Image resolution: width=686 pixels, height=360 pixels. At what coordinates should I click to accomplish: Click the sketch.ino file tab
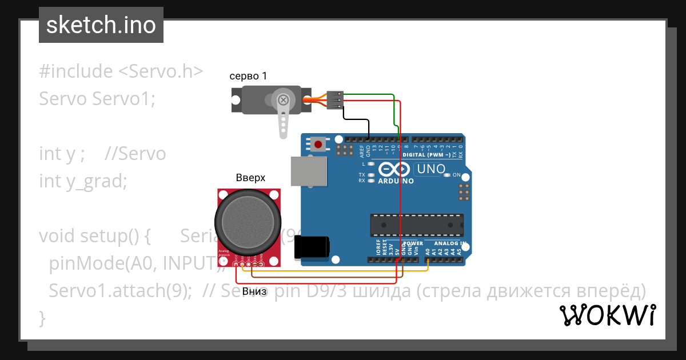click(101, 25)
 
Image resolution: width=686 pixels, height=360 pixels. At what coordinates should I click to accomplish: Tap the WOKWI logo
click(607, 315)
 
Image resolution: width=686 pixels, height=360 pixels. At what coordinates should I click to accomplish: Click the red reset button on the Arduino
click(318, 144)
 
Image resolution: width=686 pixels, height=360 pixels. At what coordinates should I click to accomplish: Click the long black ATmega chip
click(417, 225)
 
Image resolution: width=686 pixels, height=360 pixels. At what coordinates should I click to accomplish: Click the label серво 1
click(248, 76)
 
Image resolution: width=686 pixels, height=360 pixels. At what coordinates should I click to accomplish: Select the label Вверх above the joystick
click(250, 178)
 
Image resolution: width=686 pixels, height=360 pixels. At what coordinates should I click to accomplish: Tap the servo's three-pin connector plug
click(336, 99)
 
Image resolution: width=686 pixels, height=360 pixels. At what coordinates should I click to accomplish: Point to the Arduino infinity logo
click(394, 169)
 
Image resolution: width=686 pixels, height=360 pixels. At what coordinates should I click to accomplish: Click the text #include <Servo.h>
click(121, 71)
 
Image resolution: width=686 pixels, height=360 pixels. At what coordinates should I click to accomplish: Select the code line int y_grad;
click(83, 181)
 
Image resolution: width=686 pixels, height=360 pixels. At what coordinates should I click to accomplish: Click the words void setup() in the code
click(94, 236)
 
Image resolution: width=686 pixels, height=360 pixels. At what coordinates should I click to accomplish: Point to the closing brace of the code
click(42, 317)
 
